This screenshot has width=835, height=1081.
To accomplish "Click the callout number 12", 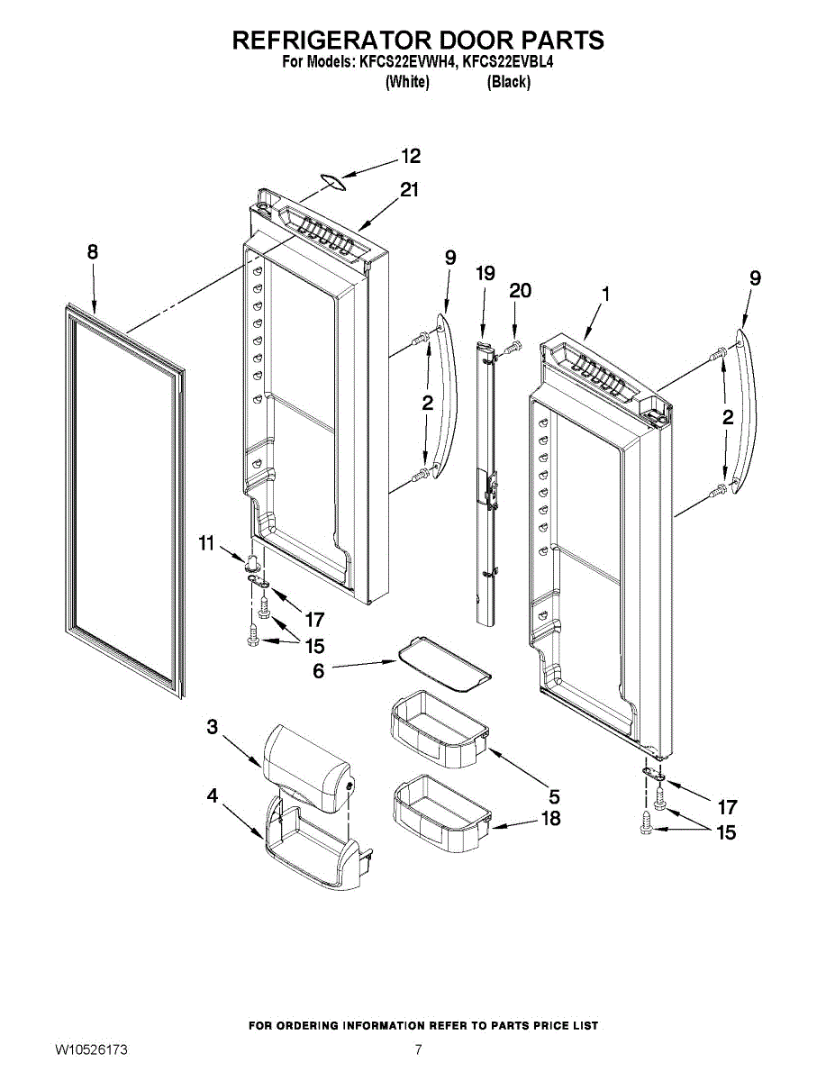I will [411, 157].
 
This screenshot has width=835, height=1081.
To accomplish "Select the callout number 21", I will [410, 190].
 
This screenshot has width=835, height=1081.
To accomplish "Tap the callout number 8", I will [93, 253].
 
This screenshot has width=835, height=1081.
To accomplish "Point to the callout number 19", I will [486, 274].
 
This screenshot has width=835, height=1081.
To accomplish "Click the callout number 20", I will [520, 291].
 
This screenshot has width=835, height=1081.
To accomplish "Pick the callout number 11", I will [207, 542].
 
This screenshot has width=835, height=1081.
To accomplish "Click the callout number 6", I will [318, 671].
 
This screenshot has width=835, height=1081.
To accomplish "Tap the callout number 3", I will [213, 726].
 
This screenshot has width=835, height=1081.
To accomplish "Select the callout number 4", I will [213, 795].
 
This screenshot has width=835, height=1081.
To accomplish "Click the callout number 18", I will [549, 818].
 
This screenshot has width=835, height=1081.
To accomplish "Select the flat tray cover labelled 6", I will [443, 663].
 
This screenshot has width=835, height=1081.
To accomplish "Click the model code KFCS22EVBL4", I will [509, 62].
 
